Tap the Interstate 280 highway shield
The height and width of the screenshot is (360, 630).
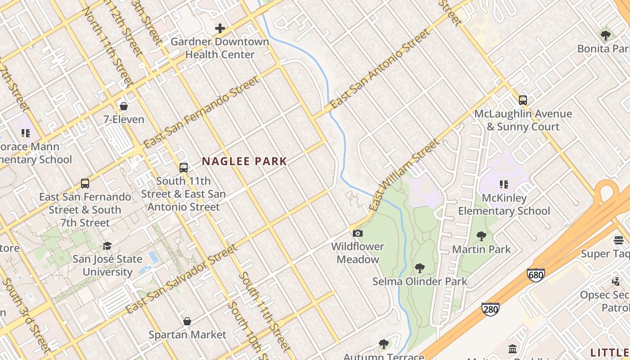tap(490, 309)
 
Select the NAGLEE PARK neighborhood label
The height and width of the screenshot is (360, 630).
tap(244, 161)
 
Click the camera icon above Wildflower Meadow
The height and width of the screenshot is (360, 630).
tap(358, 233)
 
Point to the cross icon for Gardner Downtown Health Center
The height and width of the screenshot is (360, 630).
tap(220, 28)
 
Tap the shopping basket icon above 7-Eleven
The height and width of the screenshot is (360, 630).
tap(123, 106)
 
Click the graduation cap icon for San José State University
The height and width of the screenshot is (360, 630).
tap(107, 246)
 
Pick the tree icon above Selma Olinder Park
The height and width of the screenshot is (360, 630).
tap(420, 268)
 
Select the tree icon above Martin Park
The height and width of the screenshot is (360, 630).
tap(481, 236)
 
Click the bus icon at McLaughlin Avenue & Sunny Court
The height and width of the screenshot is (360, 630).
tap(523, 100)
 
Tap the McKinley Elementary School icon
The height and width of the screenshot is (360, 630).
tap(504, 184)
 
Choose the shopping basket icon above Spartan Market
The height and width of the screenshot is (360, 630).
tap(187, 321)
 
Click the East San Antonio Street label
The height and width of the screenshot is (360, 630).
tap(380, 70)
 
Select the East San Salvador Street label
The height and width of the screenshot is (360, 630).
tap(181, 279)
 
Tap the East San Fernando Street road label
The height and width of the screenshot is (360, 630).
tap(201, 112)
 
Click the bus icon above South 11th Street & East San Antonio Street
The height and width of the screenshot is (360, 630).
tap(183, 168)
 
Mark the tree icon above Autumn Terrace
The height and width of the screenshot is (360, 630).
tap(384, 344)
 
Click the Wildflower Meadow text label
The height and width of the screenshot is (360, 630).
tap(358, 253)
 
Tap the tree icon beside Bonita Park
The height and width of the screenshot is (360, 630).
tap(606, 35)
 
